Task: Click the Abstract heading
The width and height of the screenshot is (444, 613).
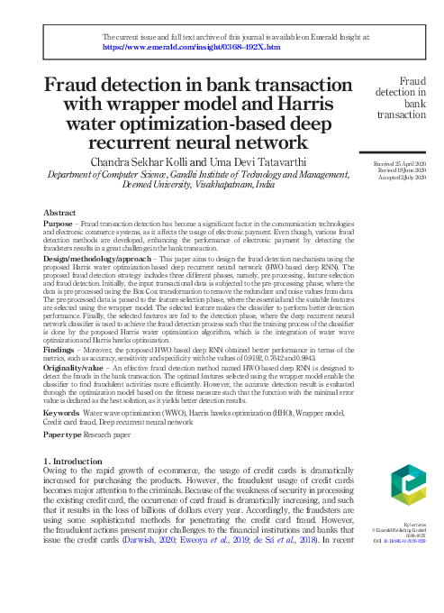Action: tap(59, 212)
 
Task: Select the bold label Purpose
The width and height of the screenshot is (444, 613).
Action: tap(59, 224)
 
